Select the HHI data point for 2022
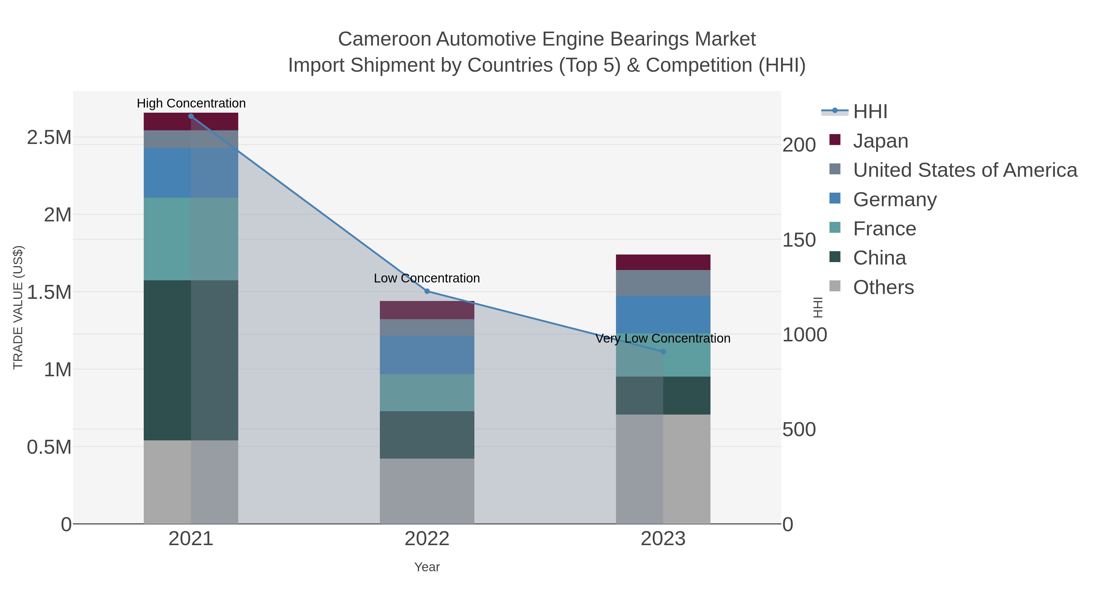pyautogui.click(x=427, y=291)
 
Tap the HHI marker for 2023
pyautogui.click(x=663, y=351)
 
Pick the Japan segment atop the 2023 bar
pyautogui.click(x=663, y=262)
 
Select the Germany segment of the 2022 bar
pyautogui.click(x=427, y=355)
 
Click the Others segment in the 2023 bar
pyautogui.click(x=663, y=469)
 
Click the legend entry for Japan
pyautogui.click(x=880, y=141)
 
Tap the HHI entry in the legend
pyautogui.click(x=870, y=112)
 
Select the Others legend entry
pyautogui.click(x=883, y=287)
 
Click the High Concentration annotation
pyautogui.click(x=191, y=103)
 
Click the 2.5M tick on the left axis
pyautogui.click(x=49, y=138)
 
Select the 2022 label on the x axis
pyautogui.click(x=427, y=539)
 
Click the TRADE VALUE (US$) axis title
pyautogui.click(x=18, y=307)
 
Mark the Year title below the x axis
pyautogui.click(x=427, y=567)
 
